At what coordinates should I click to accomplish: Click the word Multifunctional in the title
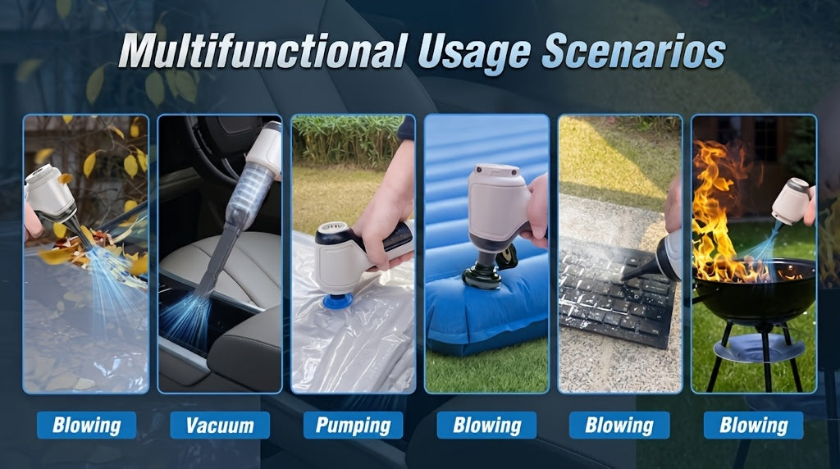pyautogui.click(x=263, y=51)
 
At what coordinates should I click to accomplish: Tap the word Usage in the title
pyautogui.click(x=474, y=53)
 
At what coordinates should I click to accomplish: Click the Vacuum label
pyautogui.click(x=220, y=426)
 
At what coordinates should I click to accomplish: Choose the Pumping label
pyautogui.click(x=353, y=426)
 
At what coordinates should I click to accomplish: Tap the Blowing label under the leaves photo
pyautogui.click(x=86, y=426)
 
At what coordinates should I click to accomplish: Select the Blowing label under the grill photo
pyautogui.click(x=753, y=426)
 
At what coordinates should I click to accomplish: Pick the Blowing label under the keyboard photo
pyautogui.click(x=619, y=426)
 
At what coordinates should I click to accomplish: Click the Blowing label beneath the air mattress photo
pyautogui.click(x=486, y=426)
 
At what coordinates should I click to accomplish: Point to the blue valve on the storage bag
pyautogui.click(x=337, y=301)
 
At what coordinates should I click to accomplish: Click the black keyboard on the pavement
pyautogui.click(x=616, y=292)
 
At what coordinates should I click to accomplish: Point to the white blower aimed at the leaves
pyautogui.click(x=50, y=193)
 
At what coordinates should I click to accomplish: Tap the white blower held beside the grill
pyautogui.click(x=792, y=201)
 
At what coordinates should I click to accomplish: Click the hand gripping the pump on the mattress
pyautogui.click(x=536, y=212)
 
